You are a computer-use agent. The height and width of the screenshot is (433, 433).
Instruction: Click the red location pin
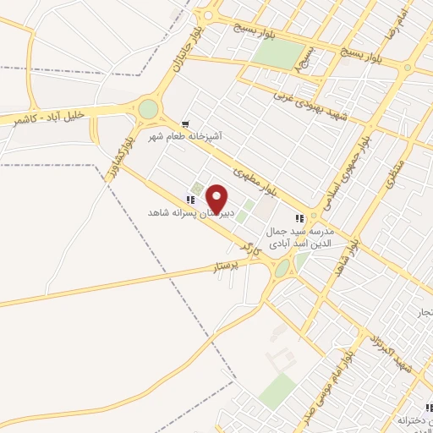[217, 198]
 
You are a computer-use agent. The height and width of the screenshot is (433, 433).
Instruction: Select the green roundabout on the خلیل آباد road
[149, 109]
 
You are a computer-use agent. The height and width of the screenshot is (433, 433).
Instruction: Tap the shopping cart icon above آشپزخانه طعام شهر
[185, 123]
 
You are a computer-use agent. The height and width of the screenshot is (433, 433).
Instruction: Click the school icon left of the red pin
[191, 200]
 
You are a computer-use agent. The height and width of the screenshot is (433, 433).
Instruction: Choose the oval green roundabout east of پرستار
[282, 267]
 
